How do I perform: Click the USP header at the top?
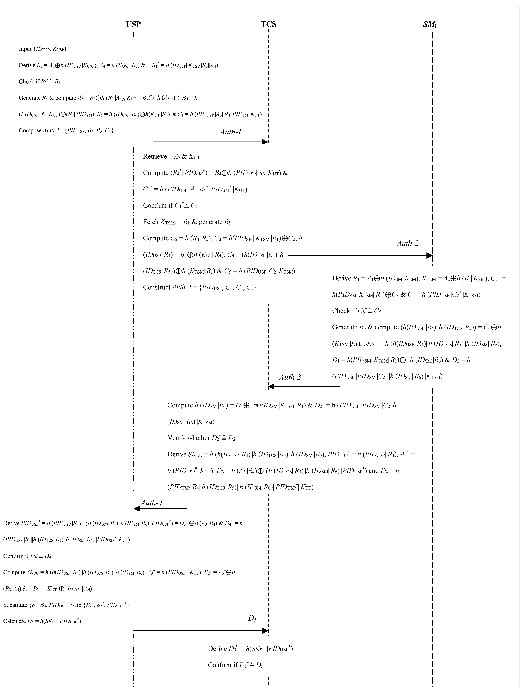[133, 24]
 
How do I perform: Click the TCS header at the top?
[269, 24]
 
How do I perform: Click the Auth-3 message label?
[290, 377]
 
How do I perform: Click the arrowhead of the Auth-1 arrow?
[265, 142]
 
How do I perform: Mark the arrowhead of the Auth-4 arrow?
[136, 509]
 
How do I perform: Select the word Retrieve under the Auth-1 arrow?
[155, 157]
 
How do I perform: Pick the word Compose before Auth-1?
[30, 131]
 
